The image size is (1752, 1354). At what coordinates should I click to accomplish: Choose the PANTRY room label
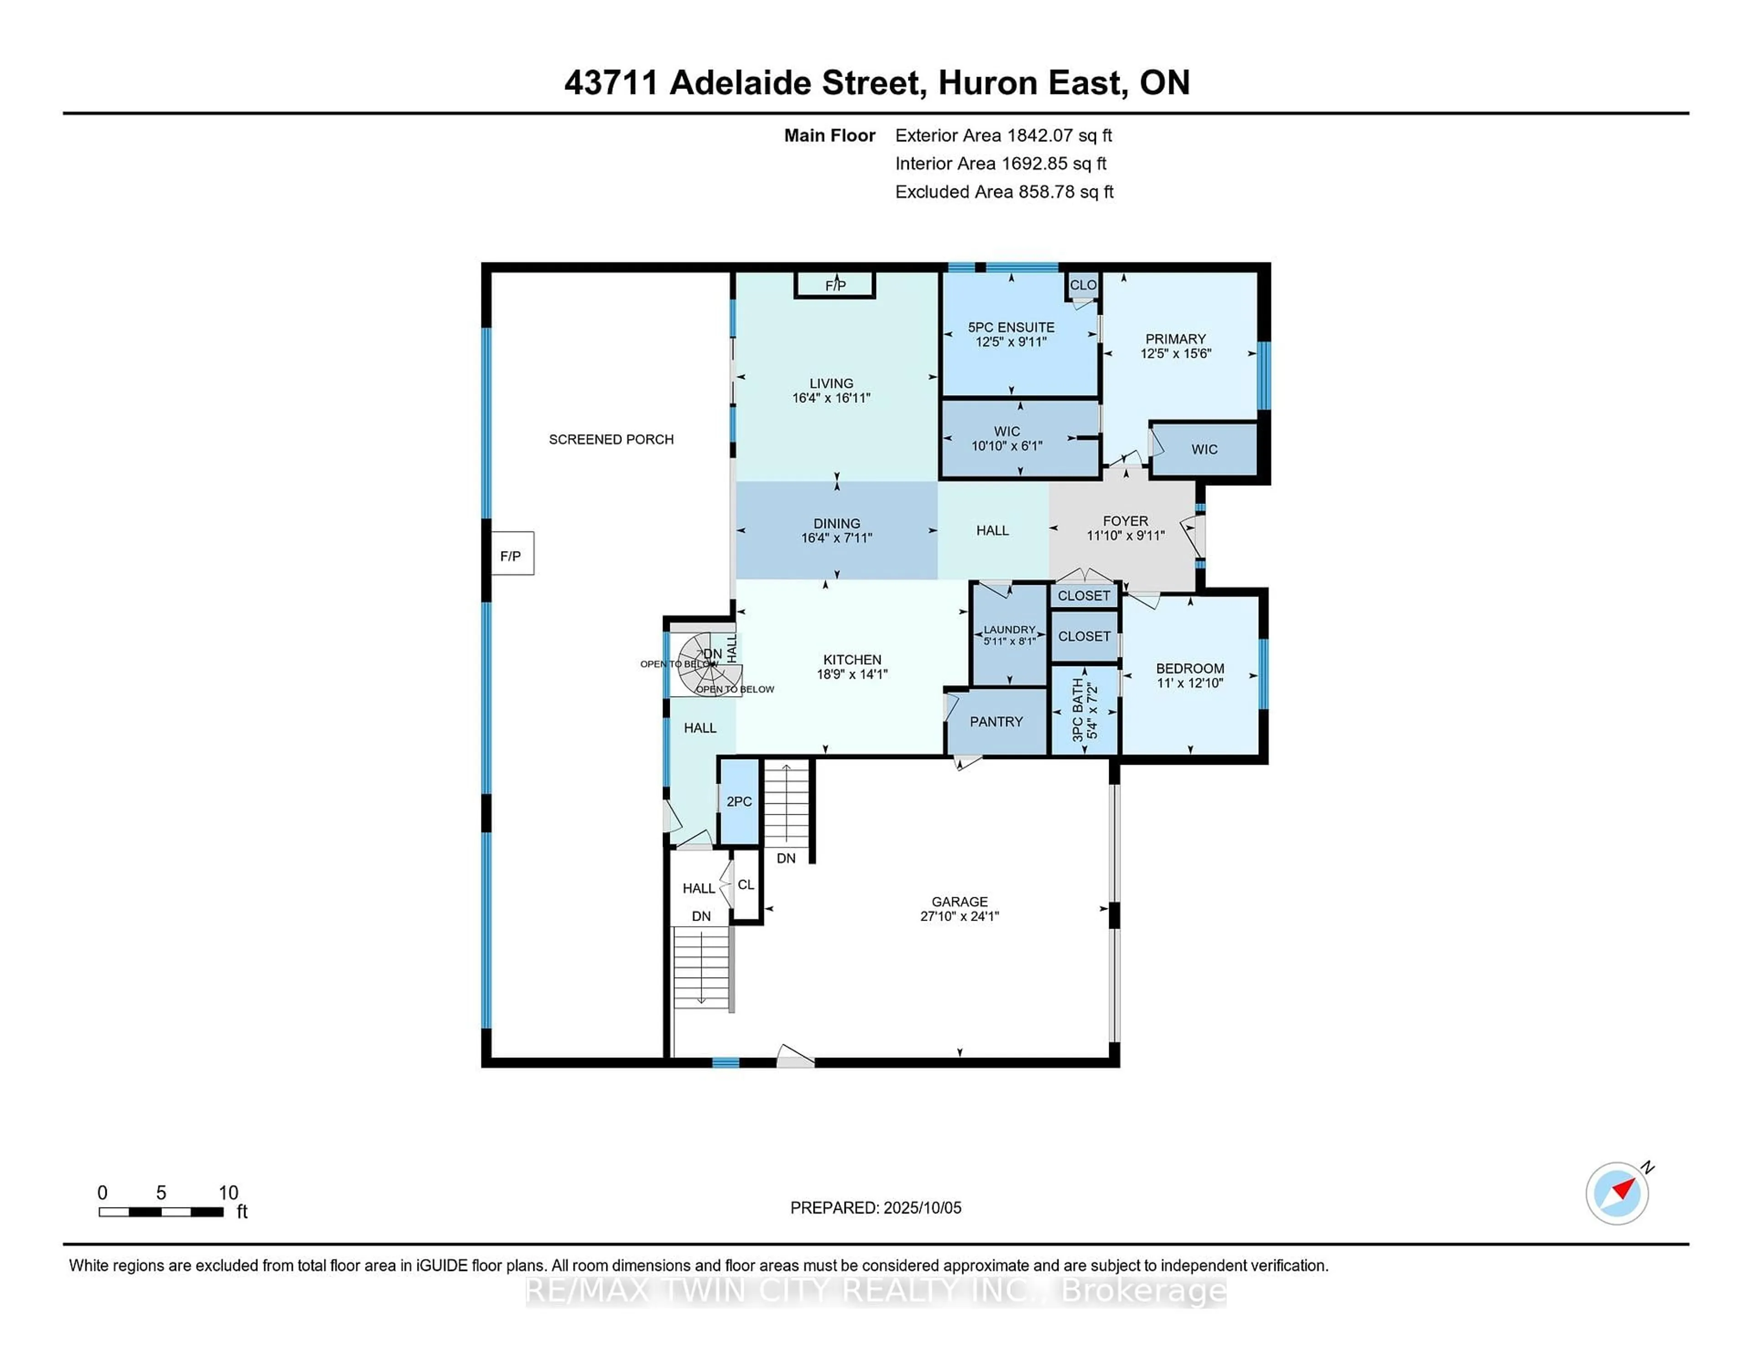coord(996,722)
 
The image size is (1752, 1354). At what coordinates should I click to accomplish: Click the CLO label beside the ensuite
coord(1083,285)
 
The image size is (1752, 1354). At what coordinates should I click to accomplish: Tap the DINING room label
coord(837,523)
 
